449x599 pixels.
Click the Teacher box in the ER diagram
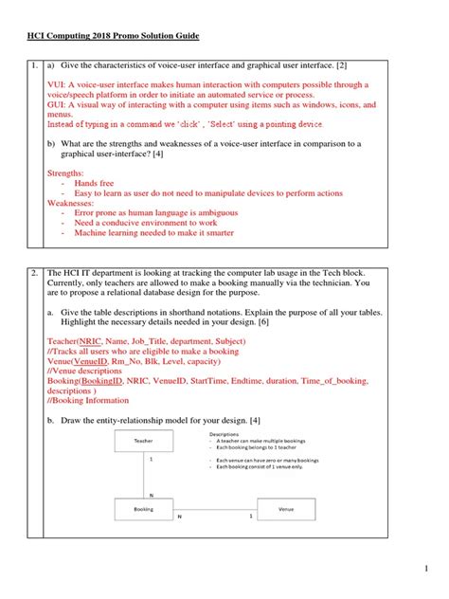pyautogui.click(x=144, y=441)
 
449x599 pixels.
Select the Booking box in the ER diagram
pyautogui.click(x=144, y=510)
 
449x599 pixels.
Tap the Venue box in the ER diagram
pyautogui.click(x=285, y=510)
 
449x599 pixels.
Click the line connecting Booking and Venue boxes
pyautogui.click(x=215, y=510)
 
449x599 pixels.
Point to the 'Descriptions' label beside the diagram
pyautogui.click(x=223, y=434)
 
